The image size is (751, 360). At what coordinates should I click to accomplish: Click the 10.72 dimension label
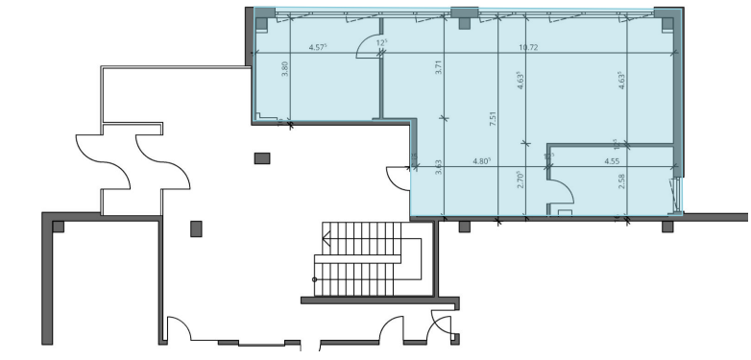coord(527,47)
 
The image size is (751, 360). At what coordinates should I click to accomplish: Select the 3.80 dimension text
coord(285,71)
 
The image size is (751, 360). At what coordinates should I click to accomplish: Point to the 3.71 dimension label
coord(438,69)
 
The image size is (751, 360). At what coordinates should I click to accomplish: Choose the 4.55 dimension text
coord(611,161)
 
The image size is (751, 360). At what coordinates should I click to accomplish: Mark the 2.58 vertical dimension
coord(621,180)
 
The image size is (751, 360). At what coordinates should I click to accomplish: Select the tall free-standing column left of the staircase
coord(196,228)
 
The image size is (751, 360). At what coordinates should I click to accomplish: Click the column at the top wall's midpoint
coord(465,15)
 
